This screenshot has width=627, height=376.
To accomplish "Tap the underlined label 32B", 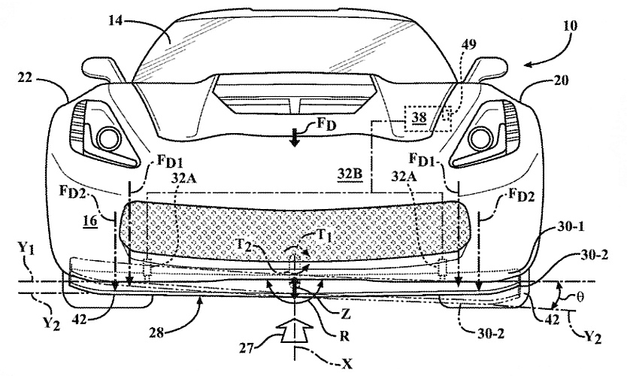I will tap(350, 172).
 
